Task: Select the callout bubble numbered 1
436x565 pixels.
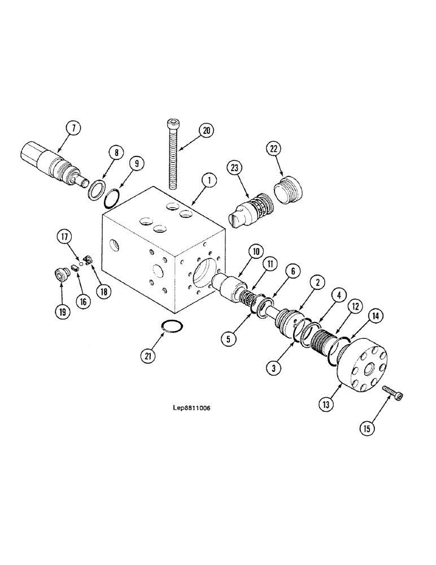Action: [208, 180]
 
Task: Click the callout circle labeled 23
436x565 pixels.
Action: [234, 167]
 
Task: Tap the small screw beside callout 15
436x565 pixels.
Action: [393, 393]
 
